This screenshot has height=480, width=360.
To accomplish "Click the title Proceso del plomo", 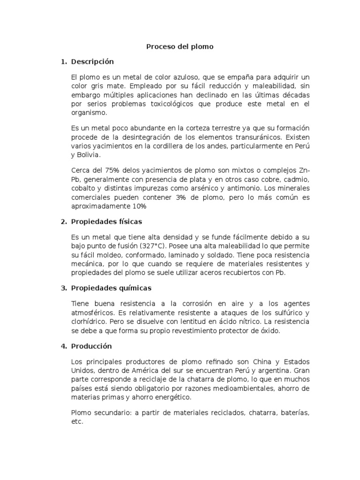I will click(x=180, y=46).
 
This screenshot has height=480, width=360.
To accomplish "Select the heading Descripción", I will click(x=92, y=61).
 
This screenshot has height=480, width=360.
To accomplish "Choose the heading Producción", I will click(x=91, y=346).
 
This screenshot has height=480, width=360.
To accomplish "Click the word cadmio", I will click(x=296, y=180).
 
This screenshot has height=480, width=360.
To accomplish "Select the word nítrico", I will click(x=245, y=322).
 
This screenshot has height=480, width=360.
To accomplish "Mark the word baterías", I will click(x=294, y=412).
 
